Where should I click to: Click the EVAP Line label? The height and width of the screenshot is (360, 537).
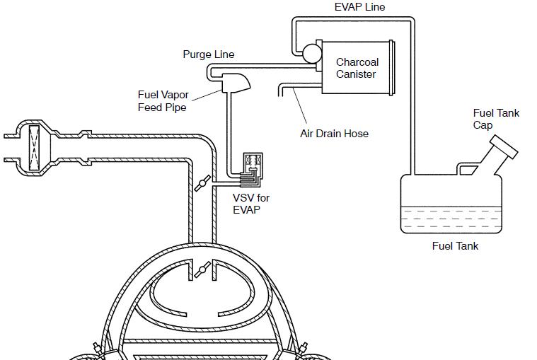(x=359, y=7)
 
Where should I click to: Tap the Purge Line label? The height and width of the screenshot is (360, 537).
(x=209, y=54)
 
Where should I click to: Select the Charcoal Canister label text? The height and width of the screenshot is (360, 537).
(x=357, y=68)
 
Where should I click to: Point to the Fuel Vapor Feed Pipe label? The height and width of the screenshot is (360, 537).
(x=163, y=101)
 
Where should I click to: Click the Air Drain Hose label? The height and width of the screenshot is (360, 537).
(x=334, y=134)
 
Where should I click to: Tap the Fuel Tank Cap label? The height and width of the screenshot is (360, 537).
(x=496, y=119)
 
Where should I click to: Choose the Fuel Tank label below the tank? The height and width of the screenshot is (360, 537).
(x=455, y=245)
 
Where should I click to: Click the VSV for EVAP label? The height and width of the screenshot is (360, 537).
(x=251, y=204)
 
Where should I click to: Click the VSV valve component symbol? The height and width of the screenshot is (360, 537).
(x=253, y=170)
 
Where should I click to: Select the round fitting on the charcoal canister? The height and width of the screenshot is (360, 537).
(x=311, y=54)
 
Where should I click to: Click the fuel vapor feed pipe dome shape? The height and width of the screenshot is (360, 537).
(x=236, y=83)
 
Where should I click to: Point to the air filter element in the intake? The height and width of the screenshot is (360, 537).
(x=34, y=148)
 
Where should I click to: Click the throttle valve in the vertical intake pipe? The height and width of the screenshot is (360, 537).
(x=202, y=183)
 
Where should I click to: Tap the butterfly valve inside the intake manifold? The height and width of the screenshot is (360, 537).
(x=202, y=270)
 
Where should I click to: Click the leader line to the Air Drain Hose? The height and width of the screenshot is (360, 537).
(x=300, y=105)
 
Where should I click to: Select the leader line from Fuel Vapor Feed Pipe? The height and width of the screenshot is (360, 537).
(x=207, y=95)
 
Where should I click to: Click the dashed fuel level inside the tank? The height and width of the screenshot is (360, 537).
(x=451, y=219)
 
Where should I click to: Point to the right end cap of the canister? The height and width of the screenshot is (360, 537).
(x=393, y=68)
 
